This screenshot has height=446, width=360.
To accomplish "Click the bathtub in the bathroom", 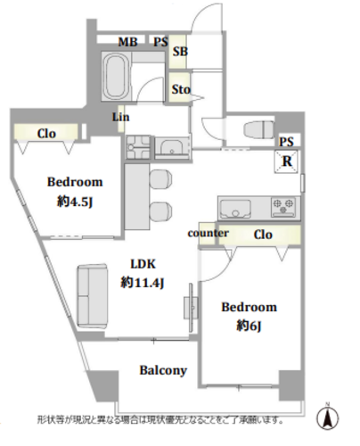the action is [x=117, y=76].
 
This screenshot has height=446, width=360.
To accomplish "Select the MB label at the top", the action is [x=128, y=42].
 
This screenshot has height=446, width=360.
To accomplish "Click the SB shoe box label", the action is [x=180, y=52].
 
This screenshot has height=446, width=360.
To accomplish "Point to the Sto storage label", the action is [x=181, y=89].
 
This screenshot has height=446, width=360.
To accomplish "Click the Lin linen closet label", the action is [x=120, y=117].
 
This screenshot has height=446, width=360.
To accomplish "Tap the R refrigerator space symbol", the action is [x=286, y=161].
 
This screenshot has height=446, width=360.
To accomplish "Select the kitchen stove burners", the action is [x=283, y=207].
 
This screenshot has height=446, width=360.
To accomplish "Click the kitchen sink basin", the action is [x=235, y=209].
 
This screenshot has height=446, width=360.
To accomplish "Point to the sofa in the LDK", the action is [x=92, y=296].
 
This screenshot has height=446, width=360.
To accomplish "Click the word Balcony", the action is [x=163, y=370].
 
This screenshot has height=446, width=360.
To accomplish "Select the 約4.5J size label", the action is [x=75, y=202].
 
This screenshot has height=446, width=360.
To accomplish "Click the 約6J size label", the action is [x=249, y=326].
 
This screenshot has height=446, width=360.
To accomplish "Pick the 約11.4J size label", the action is [x=143, y=283].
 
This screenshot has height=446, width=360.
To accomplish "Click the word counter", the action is [x=208, y=233].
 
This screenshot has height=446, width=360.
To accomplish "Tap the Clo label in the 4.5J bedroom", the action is [x=46, y=134].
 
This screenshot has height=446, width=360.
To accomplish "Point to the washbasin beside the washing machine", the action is [x=172, y=148].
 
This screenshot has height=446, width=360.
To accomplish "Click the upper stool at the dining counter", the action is [x=160, y=178].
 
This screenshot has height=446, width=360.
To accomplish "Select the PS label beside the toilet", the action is [x=286, y=142].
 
